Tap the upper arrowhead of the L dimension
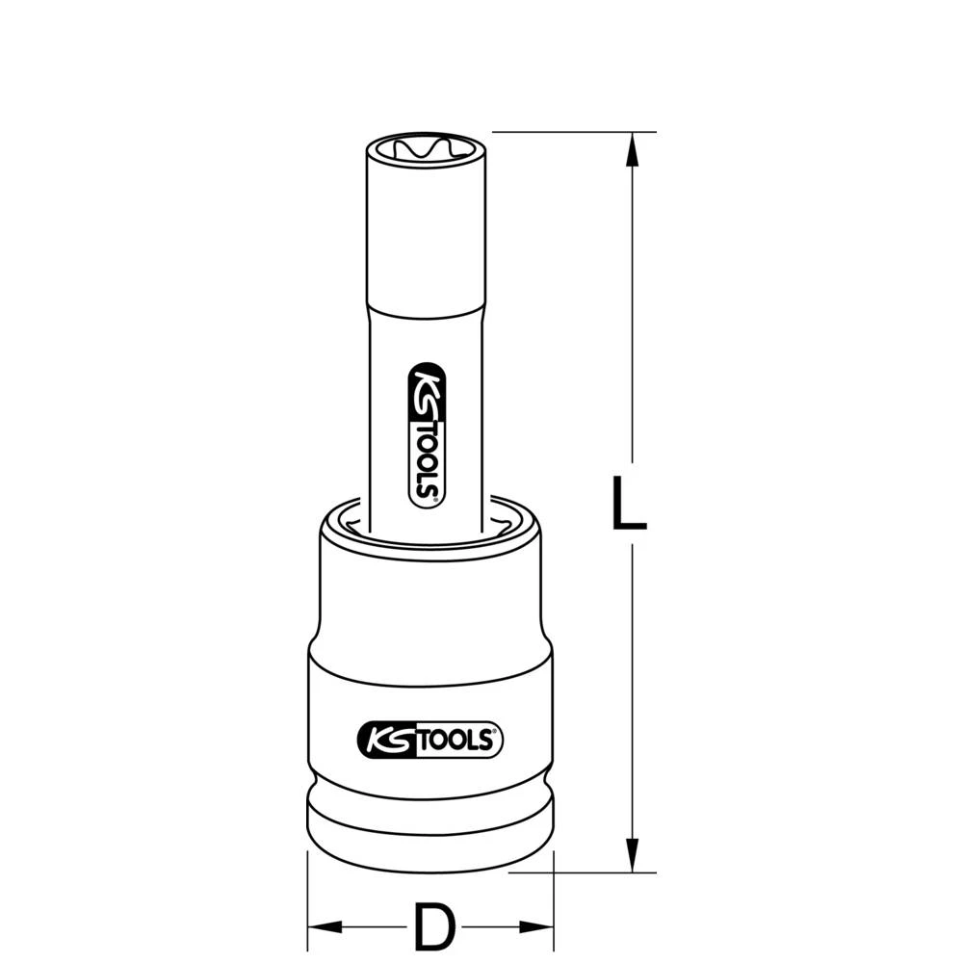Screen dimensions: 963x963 [x=632, y=149]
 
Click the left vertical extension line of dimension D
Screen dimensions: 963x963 [x=307, y=896]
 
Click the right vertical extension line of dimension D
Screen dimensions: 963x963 [x=556, y=896]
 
